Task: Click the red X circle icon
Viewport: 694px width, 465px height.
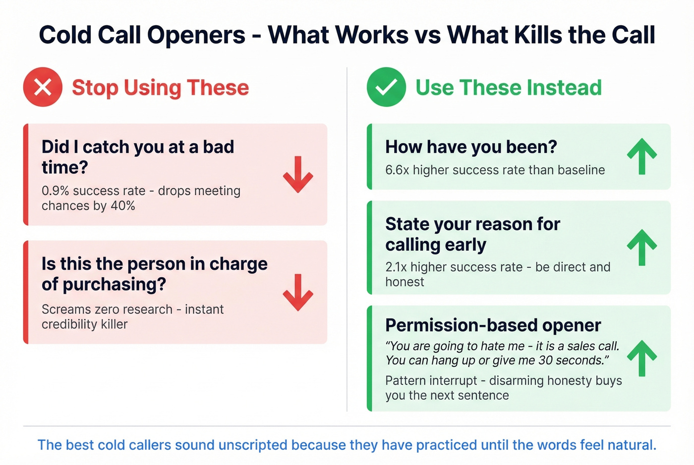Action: pyautogui.click(x=43, y=87)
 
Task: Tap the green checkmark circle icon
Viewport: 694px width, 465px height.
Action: pyautogui.click(x=386, y=87)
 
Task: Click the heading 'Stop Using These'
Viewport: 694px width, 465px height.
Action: pyautogui.click(x=160, y=88)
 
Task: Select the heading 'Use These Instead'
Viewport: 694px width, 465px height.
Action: pyautogui.click(x=508, y=88)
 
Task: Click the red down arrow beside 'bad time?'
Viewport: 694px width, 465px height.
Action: pyautogui.click(x=298, y=174)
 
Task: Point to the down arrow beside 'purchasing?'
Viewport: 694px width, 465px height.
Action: pyautogui.click(x=298, y=292)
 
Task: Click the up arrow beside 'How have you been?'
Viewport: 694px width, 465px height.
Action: pyautogui.click(x=642, y=156)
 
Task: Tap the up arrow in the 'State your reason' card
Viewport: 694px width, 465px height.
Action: pyautogui.click(x=642, y=247)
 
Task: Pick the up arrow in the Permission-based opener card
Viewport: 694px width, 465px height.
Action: pyautogui.click(x=642, y=358)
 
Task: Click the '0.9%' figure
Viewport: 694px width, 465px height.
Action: pyautogui.click(x=55, y=191)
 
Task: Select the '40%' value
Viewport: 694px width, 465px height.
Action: pyautogui.click(x=123, y=206)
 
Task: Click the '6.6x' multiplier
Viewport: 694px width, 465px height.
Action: pyautogui.click(x=397, y=170)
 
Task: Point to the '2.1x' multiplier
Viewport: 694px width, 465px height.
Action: pyautogui.click(x=396, y=267)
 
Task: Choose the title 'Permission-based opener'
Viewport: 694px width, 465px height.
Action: pyautogui.click(x=493, y=325)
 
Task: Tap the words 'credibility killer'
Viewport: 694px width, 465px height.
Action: pyautogui.click(x=84, y=324)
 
